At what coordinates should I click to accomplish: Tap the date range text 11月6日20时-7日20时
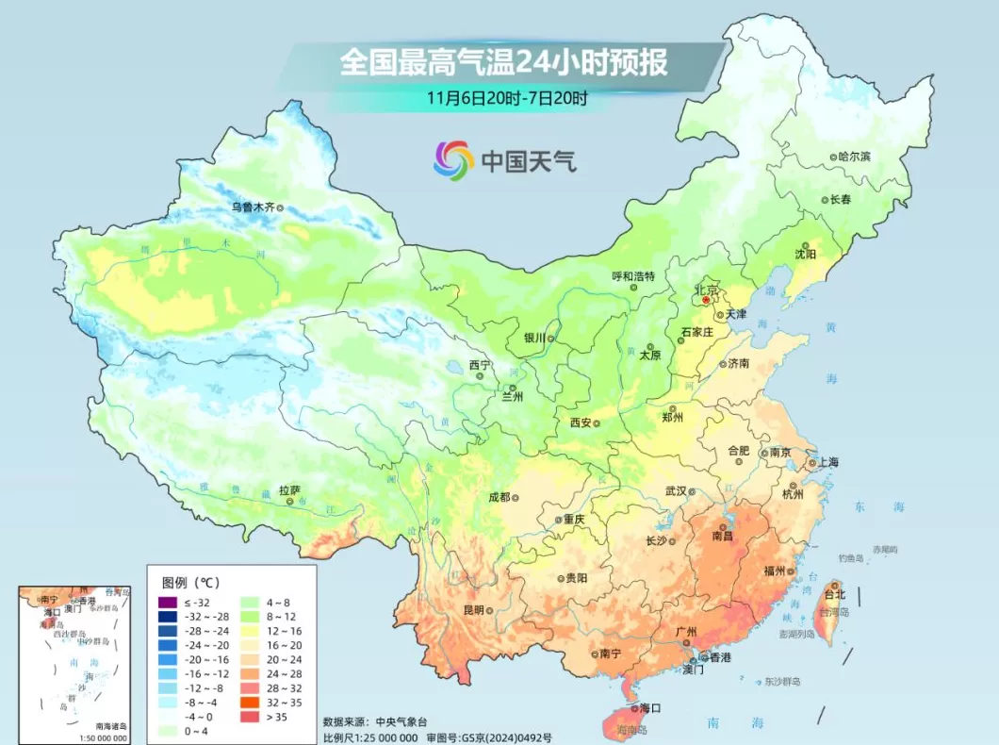coord(506,97)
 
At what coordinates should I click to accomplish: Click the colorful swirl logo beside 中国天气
coord(453,160)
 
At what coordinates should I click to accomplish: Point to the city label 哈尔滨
coord(854,157)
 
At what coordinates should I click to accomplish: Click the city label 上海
coord(827,462)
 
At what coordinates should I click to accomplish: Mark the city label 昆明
coord(473,610)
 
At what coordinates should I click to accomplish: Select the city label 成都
coord(499,497)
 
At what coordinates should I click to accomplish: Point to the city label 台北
coord(834,595)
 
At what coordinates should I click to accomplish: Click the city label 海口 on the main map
coord(650,707)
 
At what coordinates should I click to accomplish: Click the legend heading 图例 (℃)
coord(191,582)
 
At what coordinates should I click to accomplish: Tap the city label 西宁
coord(480,365)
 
